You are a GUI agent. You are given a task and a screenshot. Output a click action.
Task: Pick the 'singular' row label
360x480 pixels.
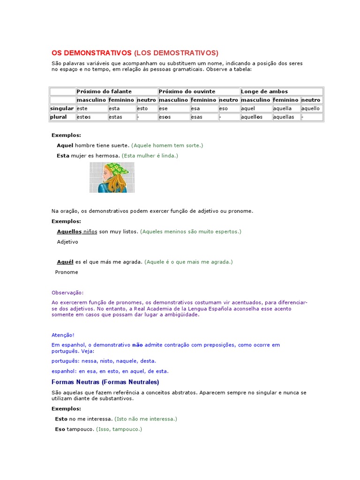click(x=62, y=108)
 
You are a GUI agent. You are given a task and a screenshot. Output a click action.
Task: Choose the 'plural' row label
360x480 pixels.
click(x=59, y=117)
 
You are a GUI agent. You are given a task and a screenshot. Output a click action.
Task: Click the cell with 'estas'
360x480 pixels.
click(x=121, y=117)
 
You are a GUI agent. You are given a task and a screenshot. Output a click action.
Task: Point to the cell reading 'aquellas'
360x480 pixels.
click(x=285, y=117)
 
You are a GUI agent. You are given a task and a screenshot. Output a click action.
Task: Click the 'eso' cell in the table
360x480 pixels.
click(x=228, y=108)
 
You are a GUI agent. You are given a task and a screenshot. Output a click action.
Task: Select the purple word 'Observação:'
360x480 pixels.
click(x=67, y=292)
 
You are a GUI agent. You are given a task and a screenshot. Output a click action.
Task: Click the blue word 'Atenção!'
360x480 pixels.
click(x=63, y=335)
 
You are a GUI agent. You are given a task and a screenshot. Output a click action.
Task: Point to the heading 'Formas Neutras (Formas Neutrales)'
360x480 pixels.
click(x=105, y=382)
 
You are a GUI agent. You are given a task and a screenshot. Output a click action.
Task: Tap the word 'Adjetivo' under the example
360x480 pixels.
click(x=67, y=242)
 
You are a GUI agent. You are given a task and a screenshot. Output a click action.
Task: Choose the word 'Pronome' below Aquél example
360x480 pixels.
click(x=67, y=272)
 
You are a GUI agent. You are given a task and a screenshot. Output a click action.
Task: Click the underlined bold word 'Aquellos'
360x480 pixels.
click(x=69, y=232)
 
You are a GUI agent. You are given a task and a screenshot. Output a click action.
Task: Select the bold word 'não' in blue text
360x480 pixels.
click(x=137, y=345)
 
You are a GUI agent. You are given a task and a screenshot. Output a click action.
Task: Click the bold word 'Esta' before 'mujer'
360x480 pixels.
click(x=63, y=156)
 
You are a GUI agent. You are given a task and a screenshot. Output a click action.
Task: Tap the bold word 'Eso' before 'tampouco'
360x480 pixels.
click(x=60, y=429)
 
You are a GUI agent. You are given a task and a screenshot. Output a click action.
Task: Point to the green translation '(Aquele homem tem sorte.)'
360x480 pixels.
click(x=167, y=145)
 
